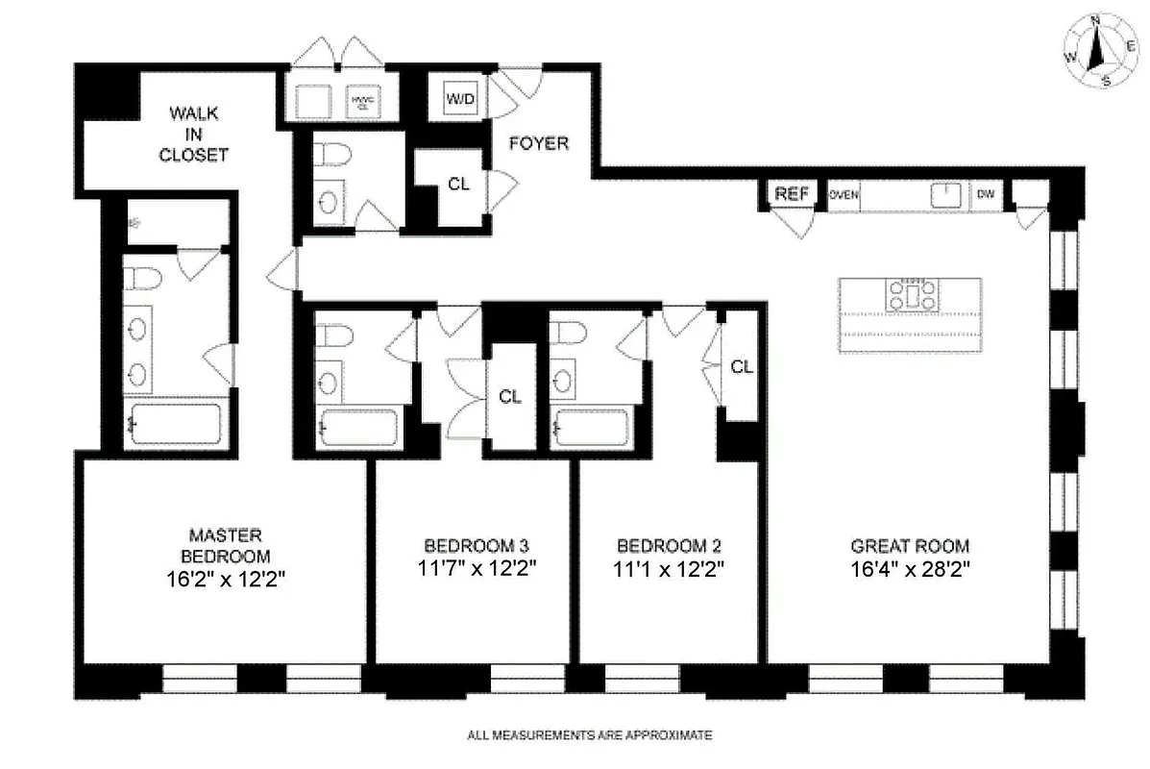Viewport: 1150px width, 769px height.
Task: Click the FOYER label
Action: [538, 144]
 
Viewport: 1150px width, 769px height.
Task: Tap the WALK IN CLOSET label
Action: [199, 134]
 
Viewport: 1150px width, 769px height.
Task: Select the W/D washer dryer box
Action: [459, 98]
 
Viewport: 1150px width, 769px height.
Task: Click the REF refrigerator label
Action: [793, 194]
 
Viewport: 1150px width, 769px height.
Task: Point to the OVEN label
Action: [844, 195]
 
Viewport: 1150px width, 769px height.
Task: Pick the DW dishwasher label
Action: [985, 195]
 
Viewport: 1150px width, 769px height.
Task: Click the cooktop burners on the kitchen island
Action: [911, 295]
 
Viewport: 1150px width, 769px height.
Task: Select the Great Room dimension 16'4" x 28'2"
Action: [910, 567]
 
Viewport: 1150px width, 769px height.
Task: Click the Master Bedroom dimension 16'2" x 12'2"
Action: [226, 580]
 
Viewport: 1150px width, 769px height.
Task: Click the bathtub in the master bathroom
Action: [175, 424]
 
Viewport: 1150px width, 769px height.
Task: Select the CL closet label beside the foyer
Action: [458, 185]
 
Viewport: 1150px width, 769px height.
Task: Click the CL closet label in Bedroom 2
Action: [741, 366]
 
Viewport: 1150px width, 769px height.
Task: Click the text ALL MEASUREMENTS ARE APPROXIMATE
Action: [589, 736]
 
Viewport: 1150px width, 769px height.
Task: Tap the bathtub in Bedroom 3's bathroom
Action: [357, 427]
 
